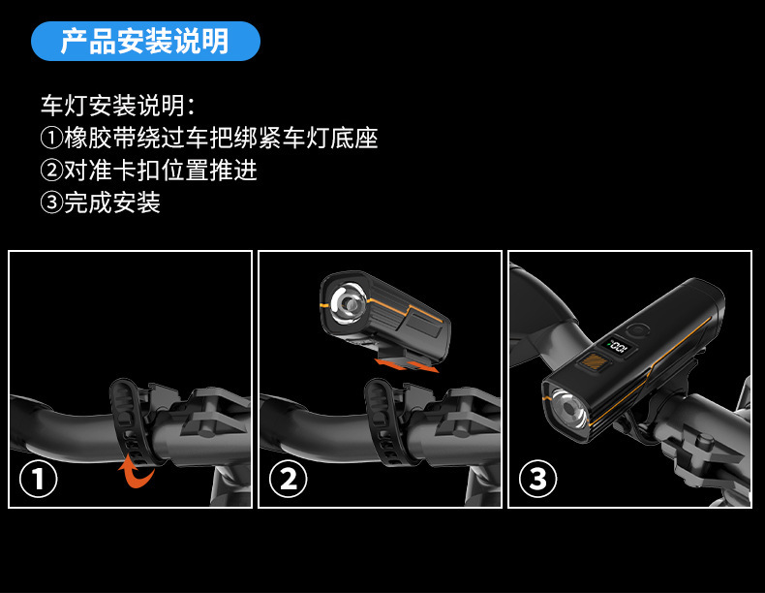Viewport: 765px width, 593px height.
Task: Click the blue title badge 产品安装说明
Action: [x=145, y=41]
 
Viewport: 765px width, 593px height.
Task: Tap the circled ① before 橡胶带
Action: [x=51, y=139]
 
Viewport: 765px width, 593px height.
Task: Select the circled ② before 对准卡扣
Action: [x=51, y=171]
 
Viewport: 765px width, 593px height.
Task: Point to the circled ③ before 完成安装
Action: [x=51, y=203]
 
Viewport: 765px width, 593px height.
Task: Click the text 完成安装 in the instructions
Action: [x=112, y=203]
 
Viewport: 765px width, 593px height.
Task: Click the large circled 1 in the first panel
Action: [x=38, y=479]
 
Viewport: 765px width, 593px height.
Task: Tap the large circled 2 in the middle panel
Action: [x=289, y=479]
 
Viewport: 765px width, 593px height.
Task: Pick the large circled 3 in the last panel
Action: [x=538, y=479]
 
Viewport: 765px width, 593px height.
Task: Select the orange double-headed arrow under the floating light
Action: [x=406, y=365]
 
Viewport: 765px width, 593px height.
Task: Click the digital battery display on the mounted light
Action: [x=618, y=346]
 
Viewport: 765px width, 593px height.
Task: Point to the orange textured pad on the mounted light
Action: [x=593, y=362]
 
